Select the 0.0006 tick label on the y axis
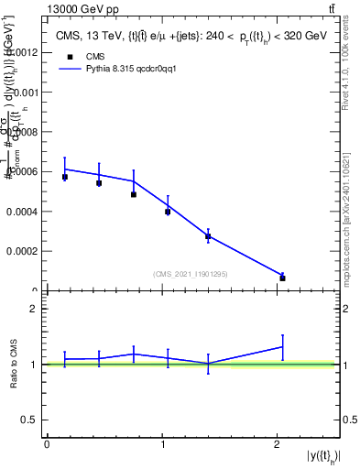click(x=24, y=171)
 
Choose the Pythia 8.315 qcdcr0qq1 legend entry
click(x=111, y=68)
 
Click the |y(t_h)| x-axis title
click(x=320, y=455)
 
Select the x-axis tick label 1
click(x=162, y=444)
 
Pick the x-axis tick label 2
click(x=278, y=444)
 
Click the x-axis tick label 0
click(x=47, y=444)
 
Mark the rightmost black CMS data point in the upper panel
click(x=282, y=278)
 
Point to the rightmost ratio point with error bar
click(x=282, y=346)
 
